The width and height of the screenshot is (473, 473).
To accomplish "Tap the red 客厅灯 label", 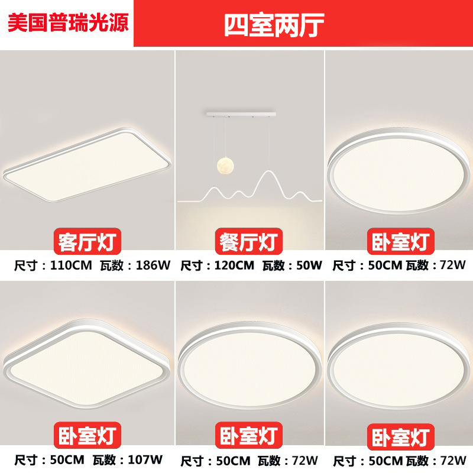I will [88, 241].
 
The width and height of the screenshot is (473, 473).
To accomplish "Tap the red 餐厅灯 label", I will [249, 241].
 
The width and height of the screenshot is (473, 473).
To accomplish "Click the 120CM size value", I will [232, 265].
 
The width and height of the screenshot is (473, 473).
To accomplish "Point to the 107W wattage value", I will [148, 459].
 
